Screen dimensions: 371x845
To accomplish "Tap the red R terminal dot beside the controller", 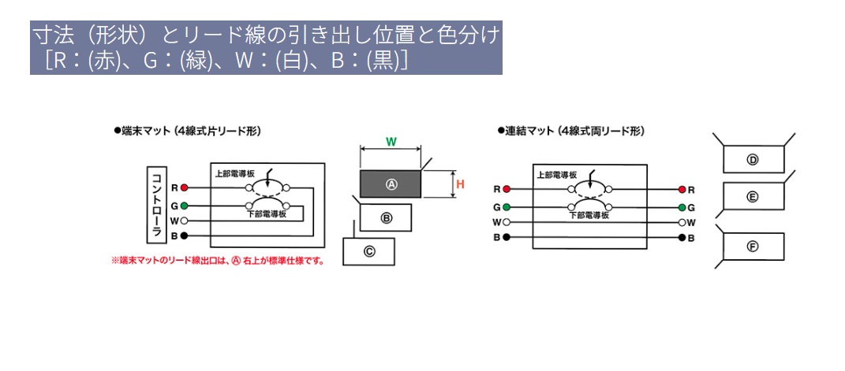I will (184, 188).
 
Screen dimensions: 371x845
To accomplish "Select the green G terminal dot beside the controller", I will (184, 206).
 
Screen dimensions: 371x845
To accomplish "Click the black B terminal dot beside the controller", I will (184, 236).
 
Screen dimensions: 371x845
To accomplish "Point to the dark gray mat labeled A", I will (391, 184).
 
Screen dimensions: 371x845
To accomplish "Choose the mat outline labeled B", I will (386, 217).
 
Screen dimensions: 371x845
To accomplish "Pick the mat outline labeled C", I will (368, 251).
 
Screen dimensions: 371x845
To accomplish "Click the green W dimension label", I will (391, 142).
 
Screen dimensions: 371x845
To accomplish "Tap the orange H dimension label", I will (460, 184).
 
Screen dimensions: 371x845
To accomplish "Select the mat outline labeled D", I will (753, 159).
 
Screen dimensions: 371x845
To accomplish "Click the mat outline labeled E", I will (753, 196).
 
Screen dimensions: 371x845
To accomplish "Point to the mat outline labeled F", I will (753, 247).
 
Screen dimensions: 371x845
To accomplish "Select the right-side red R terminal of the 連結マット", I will (680, 190).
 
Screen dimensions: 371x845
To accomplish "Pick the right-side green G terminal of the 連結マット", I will (680, 207).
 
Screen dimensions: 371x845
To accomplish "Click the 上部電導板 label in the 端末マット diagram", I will (233, 173).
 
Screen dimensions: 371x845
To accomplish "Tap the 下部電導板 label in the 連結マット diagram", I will (588, 213).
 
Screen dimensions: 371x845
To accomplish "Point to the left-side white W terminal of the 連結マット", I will (506, 222).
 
